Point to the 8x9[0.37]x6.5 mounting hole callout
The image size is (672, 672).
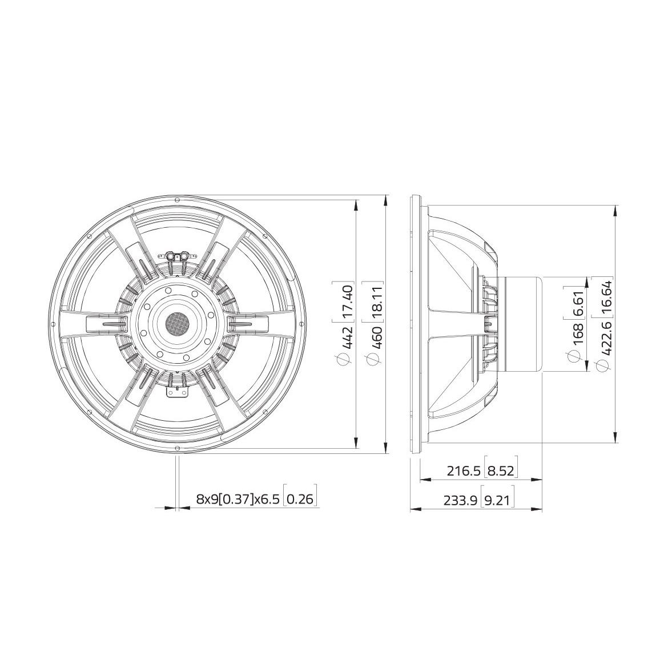pos(239,499)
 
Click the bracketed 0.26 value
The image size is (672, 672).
pos(300,499)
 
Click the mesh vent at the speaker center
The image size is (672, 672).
pos(176,324)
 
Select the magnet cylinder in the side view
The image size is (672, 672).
pos(520,324)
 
